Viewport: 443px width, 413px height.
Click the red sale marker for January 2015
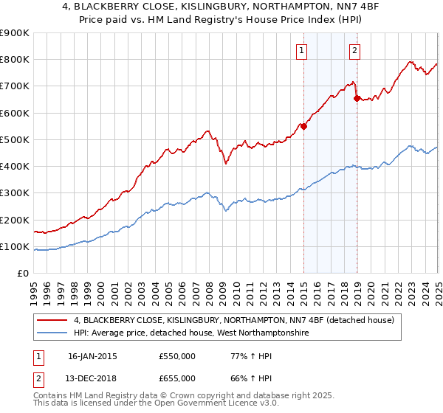tap(303, 126)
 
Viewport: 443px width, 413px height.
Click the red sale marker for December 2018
tap(357, 98)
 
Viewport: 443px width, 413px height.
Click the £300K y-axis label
tap(16, 193)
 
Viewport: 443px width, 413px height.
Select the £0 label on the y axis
tap(22, 274)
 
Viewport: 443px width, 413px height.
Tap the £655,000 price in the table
tap(176, 378)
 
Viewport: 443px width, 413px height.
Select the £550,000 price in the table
tap(176, 356)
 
